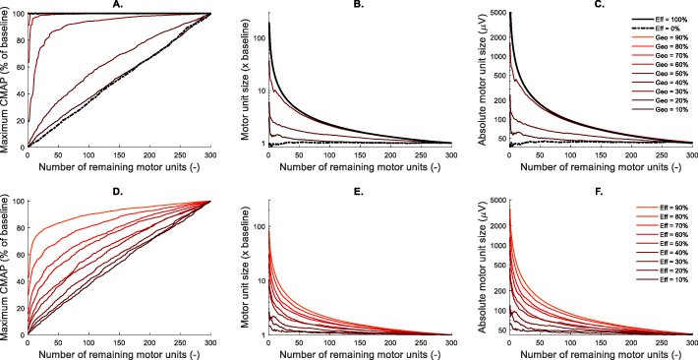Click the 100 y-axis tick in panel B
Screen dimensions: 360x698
[250, 38]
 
